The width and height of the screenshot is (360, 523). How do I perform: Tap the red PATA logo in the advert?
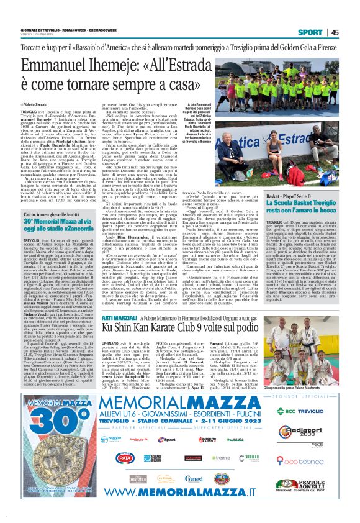(x=124, y=475)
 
